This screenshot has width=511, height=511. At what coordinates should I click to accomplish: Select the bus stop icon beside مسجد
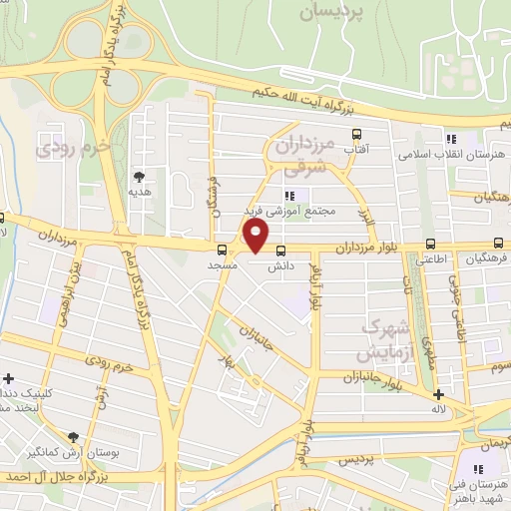222,250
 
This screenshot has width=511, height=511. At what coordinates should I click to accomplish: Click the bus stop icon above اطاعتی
430,243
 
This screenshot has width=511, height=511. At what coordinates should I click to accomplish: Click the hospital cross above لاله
439,394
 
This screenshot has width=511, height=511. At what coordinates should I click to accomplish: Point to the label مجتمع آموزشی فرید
290,212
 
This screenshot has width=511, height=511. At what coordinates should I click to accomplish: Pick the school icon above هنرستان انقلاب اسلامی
450,140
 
